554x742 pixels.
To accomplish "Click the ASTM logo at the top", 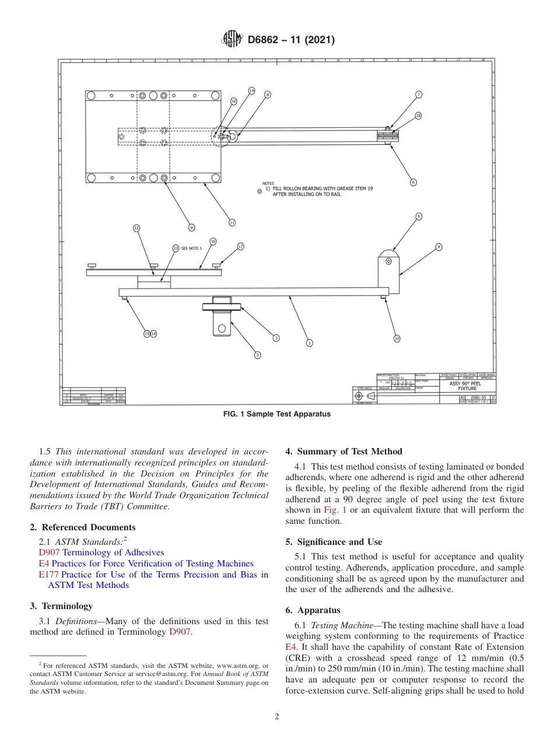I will [x=232, y=40].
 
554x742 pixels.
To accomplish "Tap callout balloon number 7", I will [x=419, y=94].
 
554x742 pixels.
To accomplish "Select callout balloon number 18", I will [x=418, y=116].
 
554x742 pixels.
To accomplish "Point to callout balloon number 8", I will [x=268, y=94].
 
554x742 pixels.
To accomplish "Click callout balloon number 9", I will [x=191, y=228].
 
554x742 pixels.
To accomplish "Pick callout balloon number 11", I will [x=232, y=222].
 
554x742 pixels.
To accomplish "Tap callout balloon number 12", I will [x=136, y=228].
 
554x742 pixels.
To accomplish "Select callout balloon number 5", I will [x=418, y=216].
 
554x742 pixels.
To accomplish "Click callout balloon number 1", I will [x=310, y=343].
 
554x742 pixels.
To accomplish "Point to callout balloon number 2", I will [x=257, y=355].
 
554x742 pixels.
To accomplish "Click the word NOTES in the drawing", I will [x=268, y=183].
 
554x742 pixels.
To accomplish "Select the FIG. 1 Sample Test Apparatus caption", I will [x=277, y=414].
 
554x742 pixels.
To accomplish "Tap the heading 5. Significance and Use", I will [x=334, y=542].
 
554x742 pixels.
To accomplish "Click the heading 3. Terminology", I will [x=61, y=606].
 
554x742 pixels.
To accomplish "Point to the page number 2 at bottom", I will [x=277, y=716].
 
